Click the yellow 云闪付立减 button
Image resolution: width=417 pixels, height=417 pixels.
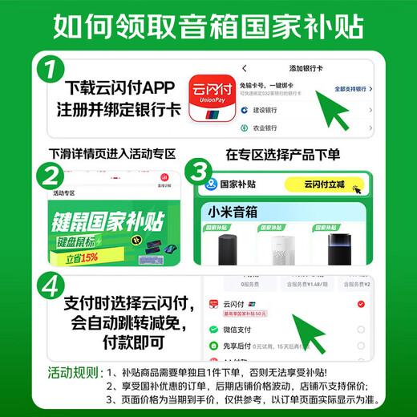(x=323, y=184)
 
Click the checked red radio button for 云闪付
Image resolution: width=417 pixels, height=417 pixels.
(x=361, y=305)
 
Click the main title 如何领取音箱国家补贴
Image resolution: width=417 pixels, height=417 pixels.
(x=208, y=27)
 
